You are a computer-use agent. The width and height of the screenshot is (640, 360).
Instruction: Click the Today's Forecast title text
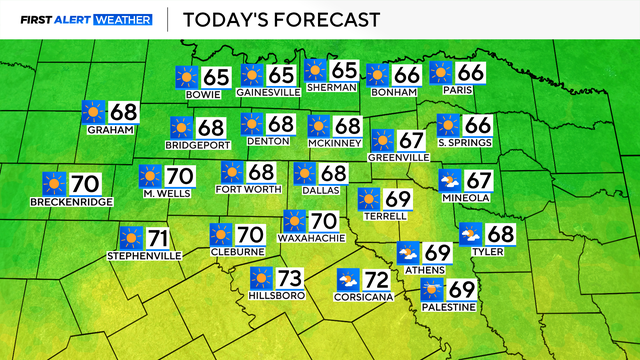click(x=268, y=19)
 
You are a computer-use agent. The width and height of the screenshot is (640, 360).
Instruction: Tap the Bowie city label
click(x=204, y=94)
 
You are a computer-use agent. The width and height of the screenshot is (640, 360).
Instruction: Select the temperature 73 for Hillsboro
click(x=290, y=277)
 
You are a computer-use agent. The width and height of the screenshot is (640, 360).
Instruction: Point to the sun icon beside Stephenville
click(x=130, y=239)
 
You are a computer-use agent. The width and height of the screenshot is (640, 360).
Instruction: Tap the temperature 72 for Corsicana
click(x=378, y=278)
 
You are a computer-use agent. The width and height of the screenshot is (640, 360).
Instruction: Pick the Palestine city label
click(x=447, y=306)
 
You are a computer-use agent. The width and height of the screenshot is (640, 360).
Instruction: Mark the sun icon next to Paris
click(x=441, y=73)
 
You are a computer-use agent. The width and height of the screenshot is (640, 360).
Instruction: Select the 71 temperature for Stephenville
click(x=158, y=239)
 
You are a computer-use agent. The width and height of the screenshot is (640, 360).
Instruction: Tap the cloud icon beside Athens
click(x=408, y=252)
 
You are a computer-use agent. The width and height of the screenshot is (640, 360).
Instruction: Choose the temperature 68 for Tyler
click(x=501, y=234)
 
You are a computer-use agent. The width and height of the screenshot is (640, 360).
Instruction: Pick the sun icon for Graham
click(x=93, y=112)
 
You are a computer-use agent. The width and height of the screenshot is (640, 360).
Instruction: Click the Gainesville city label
click(x=269, y=92)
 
